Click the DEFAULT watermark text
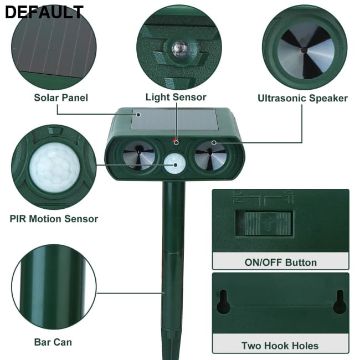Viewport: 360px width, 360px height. click(44, 12)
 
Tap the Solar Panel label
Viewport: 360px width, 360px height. click(61, 97)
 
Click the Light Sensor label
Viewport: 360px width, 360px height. click(176, 97)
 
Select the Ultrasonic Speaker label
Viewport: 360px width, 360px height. click(302, 98)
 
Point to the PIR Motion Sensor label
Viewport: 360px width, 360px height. click(54, 218)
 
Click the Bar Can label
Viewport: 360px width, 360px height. click(53, 342)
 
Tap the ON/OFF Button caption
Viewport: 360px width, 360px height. click(280, 262)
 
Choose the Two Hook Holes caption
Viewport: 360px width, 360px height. click(280, 346)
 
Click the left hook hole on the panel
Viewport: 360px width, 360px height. click(223, 302)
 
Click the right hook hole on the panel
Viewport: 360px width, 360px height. click(339, 302)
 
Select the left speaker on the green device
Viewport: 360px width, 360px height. click(138, 156)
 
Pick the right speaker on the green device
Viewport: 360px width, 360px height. click(211, 156)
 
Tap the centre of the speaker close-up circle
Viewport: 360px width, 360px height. click(304, 49)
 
